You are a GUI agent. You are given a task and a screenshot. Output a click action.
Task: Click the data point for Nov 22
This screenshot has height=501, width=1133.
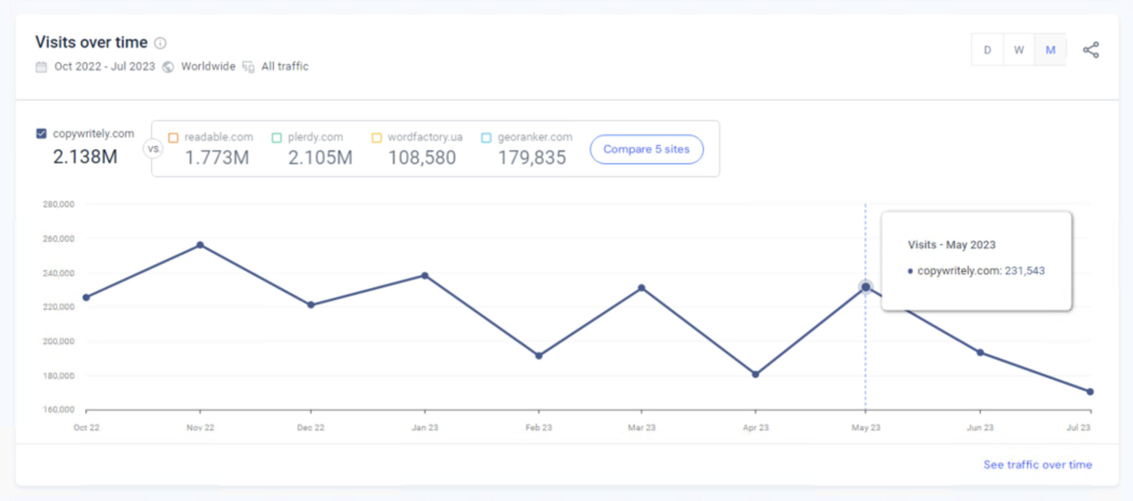[x=200, y=245]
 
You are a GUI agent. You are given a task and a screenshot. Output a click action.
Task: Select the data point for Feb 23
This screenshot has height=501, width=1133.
[x=539, y=356]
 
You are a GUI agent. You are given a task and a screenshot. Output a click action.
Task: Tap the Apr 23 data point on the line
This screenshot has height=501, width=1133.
[x=756, y=374]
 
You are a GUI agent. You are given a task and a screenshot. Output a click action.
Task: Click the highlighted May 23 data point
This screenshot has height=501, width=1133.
[x=866, y=287]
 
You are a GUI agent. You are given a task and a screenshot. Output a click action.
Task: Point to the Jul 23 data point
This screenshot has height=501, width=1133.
[x=1090, y=392]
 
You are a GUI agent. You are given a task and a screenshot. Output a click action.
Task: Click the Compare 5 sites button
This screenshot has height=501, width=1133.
[x=646, y=149]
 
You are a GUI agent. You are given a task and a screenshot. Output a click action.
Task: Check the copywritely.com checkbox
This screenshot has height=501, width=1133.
[x=41, y=134]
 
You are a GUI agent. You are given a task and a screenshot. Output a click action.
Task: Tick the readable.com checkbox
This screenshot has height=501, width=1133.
[x=173, y=138]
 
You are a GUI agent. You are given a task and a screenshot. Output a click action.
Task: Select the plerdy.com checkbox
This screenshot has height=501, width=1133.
[x=277, y=138]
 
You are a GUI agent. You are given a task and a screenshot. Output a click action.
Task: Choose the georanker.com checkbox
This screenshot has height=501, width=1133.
[x=486, y=138]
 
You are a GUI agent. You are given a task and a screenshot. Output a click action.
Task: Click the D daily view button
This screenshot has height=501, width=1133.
[x=988, y=50]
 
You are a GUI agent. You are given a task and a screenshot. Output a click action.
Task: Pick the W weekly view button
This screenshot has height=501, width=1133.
[x=1018, y=50]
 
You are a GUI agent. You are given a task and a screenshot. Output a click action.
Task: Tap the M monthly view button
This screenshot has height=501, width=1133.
[x=1050, y=50]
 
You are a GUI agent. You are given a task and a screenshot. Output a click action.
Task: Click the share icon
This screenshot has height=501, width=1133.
[x=1091, y=50]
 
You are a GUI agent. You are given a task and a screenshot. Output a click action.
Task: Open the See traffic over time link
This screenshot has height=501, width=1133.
[x=1037, y=465]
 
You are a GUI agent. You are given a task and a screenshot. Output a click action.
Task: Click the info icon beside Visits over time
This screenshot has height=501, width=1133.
[x=160, y=43]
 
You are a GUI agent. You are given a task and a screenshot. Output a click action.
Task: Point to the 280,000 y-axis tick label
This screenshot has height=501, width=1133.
[x=59, y=205]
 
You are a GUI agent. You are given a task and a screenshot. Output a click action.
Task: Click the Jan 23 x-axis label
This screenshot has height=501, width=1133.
[x=425, y=427]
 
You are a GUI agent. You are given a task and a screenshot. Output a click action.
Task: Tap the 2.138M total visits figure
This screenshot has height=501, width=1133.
[x=85, y=157]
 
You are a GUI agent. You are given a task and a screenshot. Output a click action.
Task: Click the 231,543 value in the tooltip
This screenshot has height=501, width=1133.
[x=1025, y=271]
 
